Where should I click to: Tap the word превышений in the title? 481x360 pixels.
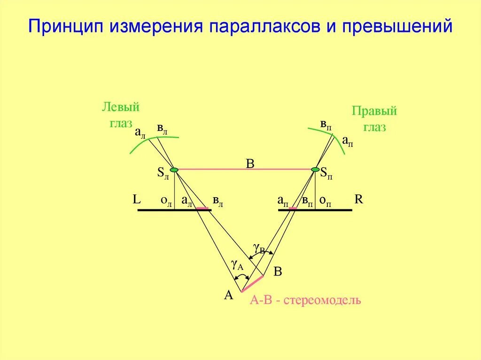[397, 26]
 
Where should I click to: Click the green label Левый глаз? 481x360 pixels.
[121, 115]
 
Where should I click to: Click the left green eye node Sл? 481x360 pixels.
[174, 169]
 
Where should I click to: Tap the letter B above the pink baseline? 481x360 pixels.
[250, 164]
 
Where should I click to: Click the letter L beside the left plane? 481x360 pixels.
[137, 199]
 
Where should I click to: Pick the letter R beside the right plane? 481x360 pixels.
[359, 199]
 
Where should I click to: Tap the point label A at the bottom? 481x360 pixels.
[229, 295]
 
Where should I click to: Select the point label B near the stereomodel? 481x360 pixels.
[278, 272]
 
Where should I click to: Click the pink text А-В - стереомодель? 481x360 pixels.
[305, 300]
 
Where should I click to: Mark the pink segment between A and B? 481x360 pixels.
[252, 284]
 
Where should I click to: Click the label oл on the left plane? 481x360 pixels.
[166, 200]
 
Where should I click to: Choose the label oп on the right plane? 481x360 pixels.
[325, 200]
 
